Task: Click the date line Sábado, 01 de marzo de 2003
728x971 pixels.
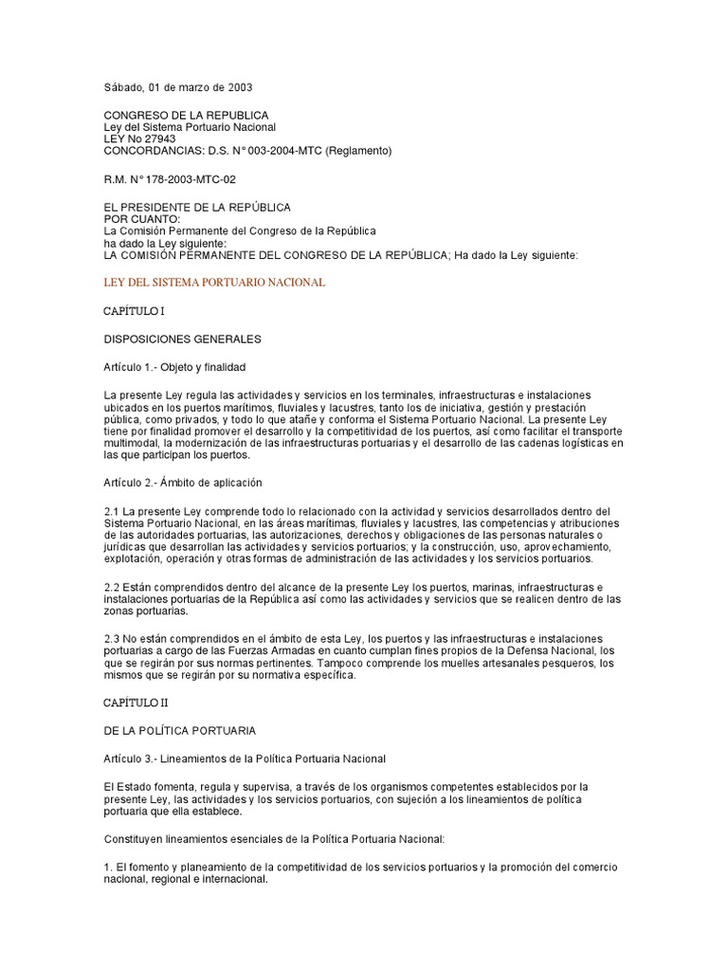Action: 178,87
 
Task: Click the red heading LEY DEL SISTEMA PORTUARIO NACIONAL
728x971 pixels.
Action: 214,283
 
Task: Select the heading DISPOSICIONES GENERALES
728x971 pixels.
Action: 182,338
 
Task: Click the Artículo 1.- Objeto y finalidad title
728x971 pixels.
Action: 179,366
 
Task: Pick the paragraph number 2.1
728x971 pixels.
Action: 111,512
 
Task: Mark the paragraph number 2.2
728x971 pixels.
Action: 111,588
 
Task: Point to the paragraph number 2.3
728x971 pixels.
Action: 111,638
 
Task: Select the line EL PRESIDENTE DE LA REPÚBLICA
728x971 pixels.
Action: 196,207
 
